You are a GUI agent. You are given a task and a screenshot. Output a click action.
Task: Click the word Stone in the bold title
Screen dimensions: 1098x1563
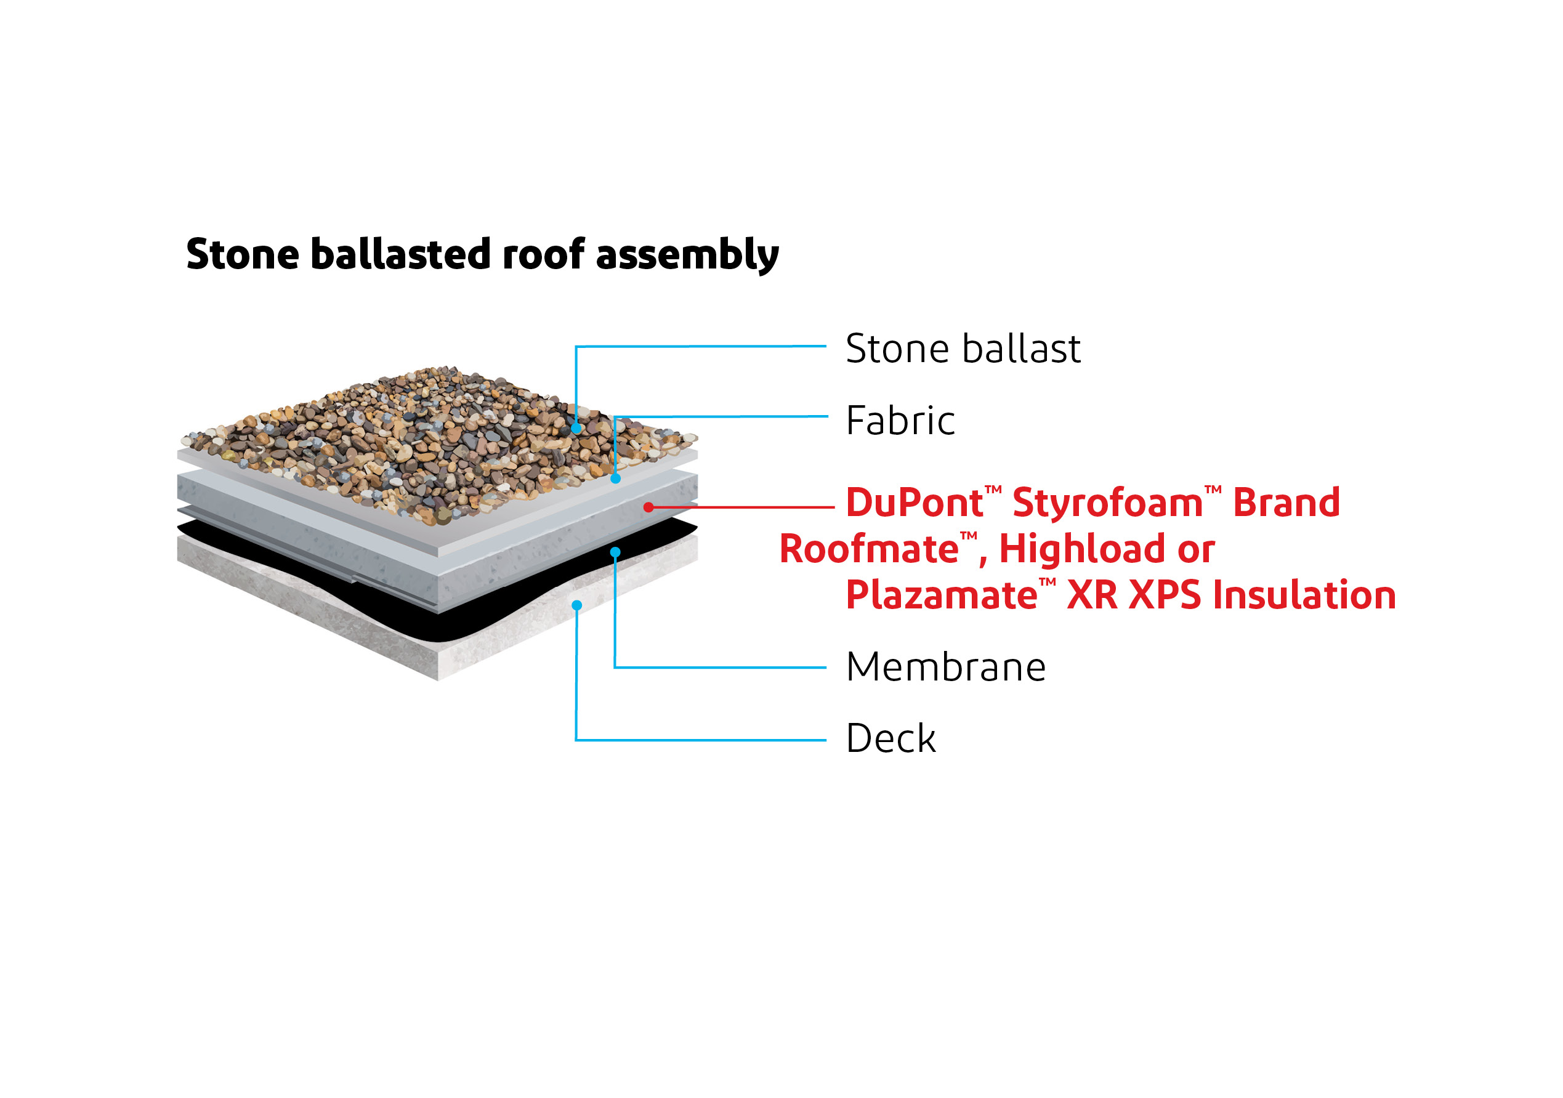[x=243, y=254]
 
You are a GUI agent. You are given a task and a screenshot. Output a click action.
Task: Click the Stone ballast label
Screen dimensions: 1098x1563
[x=963, y=349]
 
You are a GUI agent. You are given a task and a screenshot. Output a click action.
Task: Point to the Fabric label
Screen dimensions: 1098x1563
[x=900, y=421]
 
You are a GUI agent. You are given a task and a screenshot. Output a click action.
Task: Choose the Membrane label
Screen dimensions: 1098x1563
[x=945, y=667]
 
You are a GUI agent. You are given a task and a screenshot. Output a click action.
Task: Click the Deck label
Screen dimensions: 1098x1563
[x=891, y=738]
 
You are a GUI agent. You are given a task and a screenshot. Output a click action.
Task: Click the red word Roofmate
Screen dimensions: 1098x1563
[x=868, y=549]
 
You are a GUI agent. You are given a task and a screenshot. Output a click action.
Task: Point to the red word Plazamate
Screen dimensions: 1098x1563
[x=942, y=595]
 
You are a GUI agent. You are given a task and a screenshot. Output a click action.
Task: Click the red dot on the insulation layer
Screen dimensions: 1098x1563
[x=648, y=507]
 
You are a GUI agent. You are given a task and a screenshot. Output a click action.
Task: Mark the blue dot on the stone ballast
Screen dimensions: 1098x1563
[x=576, y=429]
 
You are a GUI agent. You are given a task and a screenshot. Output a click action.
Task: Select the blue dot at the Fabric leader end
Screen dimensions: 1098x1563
[x=615, y=478]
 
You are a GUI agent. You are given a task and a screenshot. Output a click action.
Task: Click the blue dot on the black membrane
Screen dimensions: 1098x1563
[x=615, y=552]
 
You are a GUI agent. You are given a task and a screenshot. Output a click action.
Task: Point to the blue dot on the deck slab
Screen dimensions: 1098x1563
[x=576, y=605]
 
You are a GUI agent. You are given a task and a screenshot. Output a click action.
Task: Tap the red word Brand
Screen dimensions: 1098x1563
[x=1286, y=503]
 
